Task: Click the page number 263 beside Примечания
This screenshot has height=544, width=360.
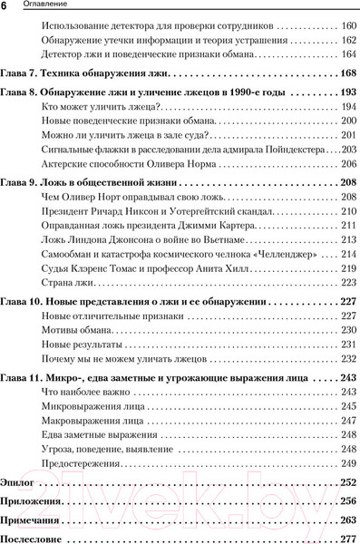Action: click(345, 521)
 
